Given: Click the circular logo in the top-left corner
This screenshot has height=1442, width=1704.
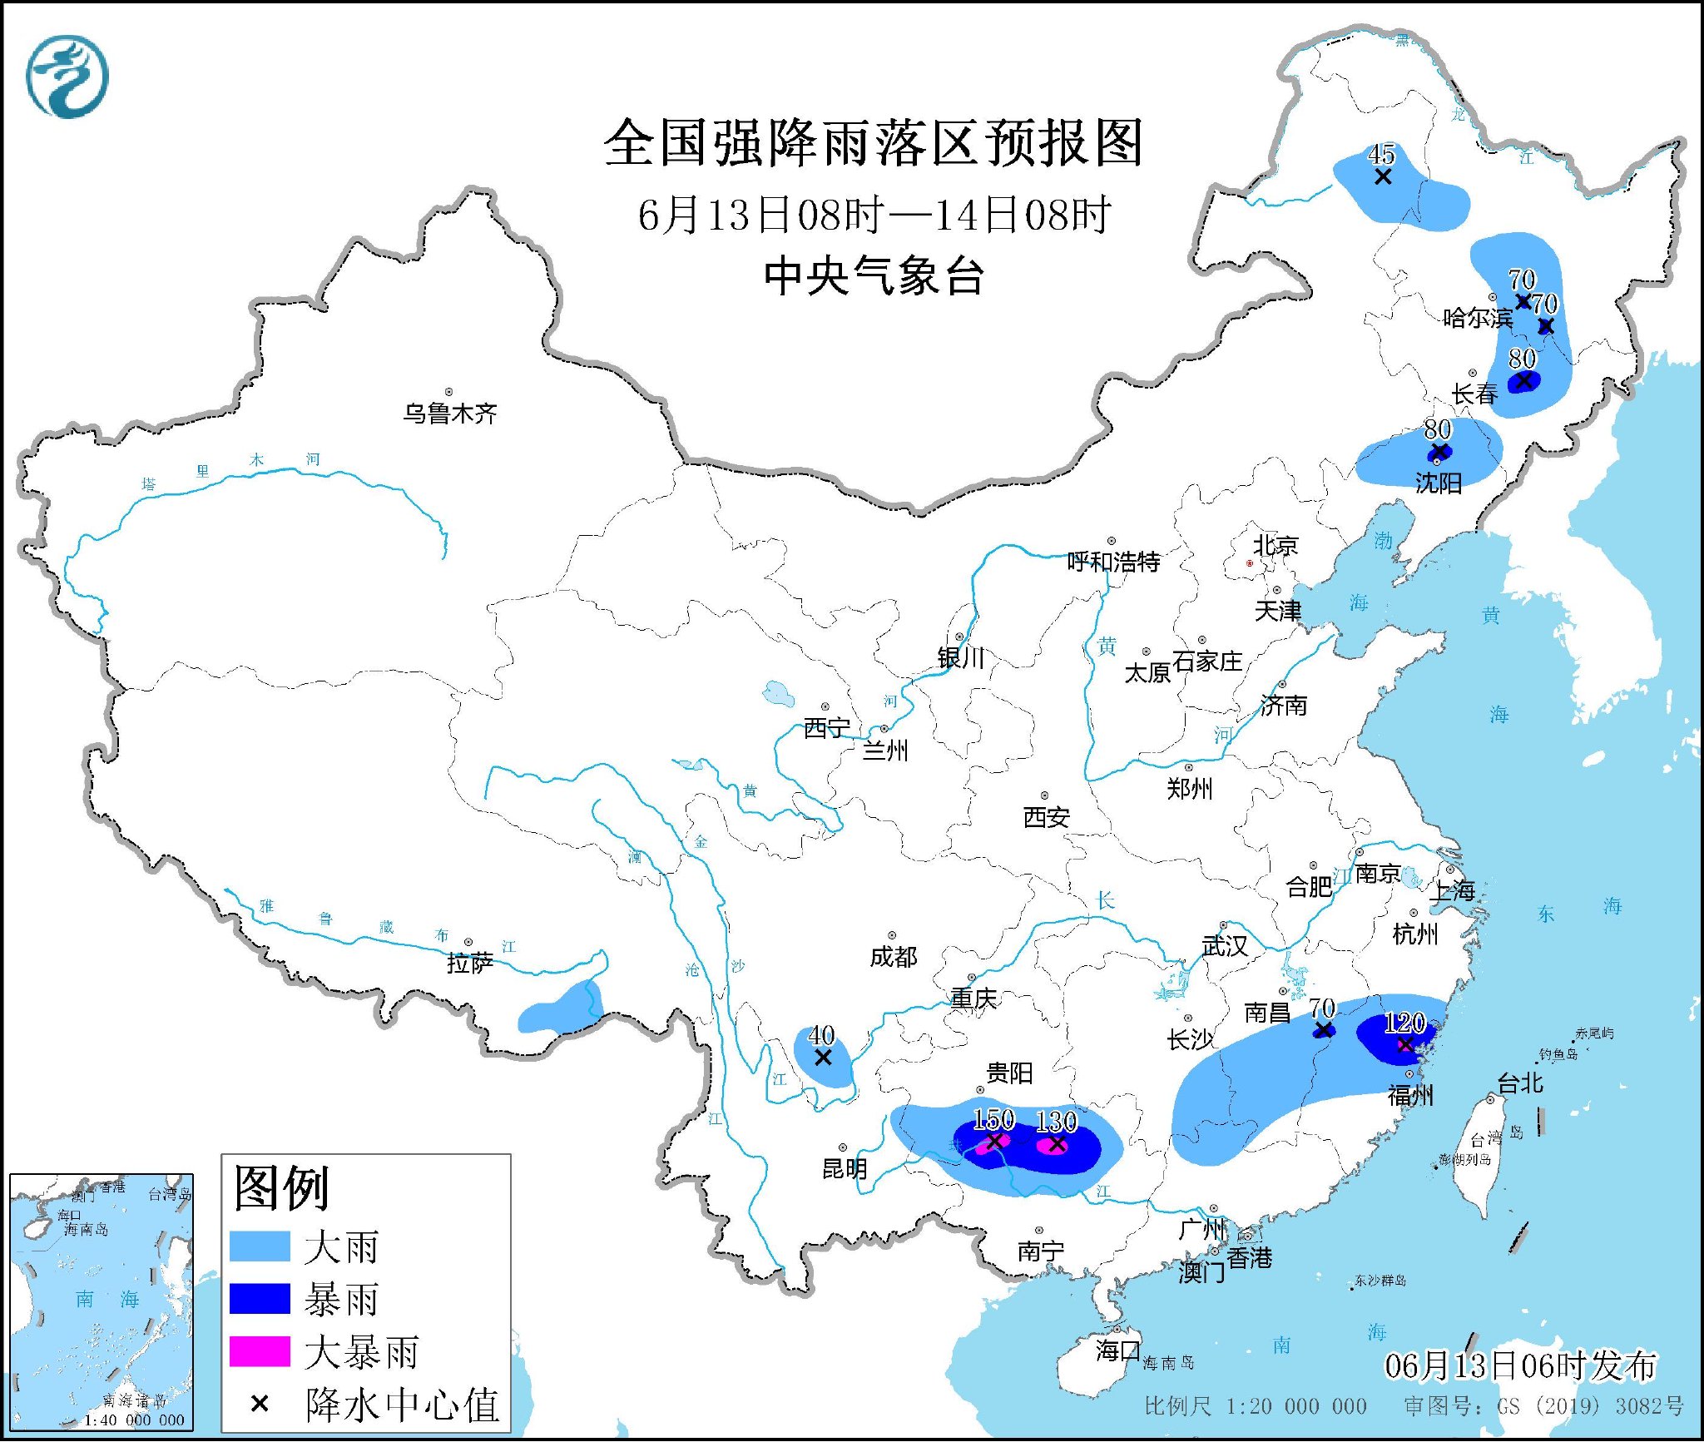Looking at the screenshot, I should (x=67, y=77).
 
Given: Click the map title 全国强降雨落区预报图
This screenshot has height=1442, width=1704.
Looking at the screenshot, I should (x=874, y=143).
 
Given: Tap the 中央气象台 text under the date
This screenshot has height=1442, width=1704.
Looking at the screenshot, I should (x=874, y=276).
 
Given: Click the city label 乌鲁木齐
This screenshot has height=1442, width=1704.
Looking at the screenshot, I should (x=450, y=414).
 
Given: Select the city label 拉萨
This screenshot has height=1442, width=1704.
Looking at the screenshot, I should (x=470, y=963).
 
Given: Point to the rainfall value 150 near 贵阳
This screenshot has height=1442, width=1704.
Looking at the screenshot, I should (x=993, y=1119).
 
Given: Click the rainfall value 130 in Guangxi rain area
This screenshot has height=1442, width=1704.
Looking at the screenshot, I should (x=1056, y=1122).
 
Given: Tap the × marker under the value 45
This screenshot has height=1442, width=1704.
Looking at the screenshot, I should (x=1382, y=177).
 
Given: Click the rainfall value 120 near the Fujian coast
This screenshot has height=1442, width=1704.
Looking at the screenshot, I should (x=1404, y=1023).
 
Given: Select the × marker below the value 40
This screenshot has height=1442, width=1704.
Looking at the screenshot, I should (x=822, y=1058).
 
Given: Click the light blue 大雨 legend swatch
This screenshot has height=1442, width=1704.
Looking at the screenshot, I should (x=260, y=1246).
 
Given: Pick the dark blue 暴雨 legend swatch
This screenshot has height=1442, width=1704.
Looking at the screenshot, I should (x=260, y=1299).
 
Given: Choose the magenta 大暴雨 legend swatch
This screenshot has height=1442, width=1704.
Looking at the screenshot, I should (x=260, y=1351).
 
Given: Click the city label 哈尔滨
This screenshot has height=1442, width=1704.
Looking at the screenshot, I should (x=1478, y=318).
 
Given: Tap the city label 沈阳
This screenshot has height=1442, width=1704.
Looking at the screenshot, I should (x=1439, y=483).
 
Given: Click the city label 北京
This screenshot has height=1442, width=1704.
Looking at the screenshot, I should (x=1276, y=546).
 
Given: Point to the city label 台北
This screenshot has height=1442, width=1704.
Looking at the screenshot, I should (x=1520, y=1083).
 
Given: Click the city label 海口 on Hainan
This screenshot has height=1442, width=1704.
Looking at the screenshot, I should (x=1117, y=1350).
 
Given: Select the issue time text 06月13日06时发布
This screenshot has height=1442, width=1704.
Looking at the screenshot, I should (x=1519, y=1365).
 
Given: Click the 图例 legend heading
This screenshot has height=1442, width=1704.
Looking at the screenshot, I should (x=281, y=1188).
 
